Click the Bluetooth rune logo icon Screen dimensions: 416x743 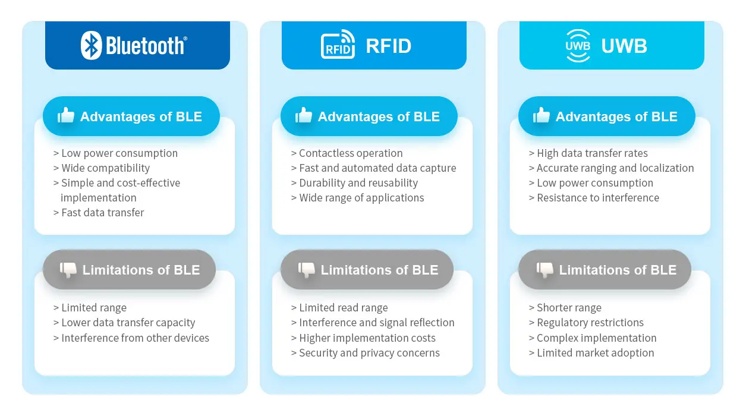[x=92, y=46]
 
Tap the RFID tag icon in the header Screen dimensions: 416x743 [x=338, y=46]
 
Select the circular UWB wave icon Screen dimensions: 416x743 [x=578, y=46]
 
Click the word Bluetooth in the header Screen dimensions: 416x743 [x=146, y=46]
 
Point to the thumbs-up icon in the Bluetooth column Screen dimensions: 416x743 [x=66, y=116]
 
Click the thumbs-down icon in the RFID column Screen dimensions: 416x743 [x=306, y=270]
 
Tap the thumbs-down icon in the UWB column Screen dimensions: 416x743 [x=544, y=270]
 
